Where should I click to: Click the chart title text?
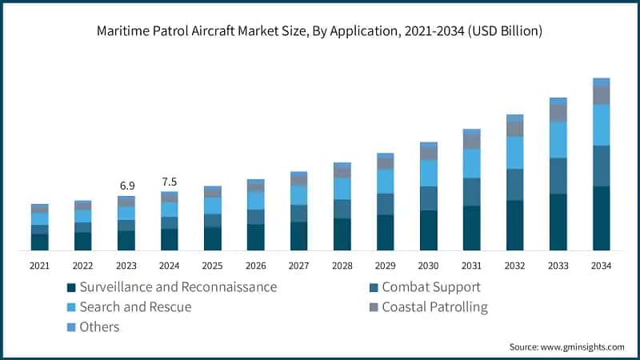[320, 32]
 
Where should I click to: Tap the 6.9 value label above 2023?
[127, 186]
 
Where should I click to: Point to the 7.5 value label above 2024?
[170, 181]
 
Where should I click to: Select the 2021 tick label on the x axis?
[40, 266]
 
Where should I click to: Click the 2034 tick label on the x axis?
[601, 266]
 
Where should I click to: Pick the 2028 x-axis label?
[342, 266]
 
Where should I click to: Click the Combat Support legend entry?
[430, 286]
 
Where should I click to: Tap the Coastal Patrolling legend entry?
[434, 306]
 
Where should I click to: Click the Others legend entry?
[99, 326]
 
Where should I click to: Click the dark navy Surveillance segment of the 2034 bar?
[601, 218]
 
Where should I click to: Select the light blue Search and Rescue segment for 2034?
[601, 125]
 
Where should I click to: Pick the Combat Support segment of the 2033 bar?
[558, 175]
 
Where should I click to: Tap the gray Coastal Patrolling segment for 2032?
[515, 129]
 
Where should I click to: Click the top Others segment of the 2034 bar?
[601, 82]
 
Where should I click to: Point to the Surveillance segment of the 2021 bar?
[40, 242]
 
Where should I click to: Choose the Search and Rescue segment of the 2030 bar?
[429, 173]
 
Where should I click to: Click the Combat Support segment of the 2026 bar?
[256, 217]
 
